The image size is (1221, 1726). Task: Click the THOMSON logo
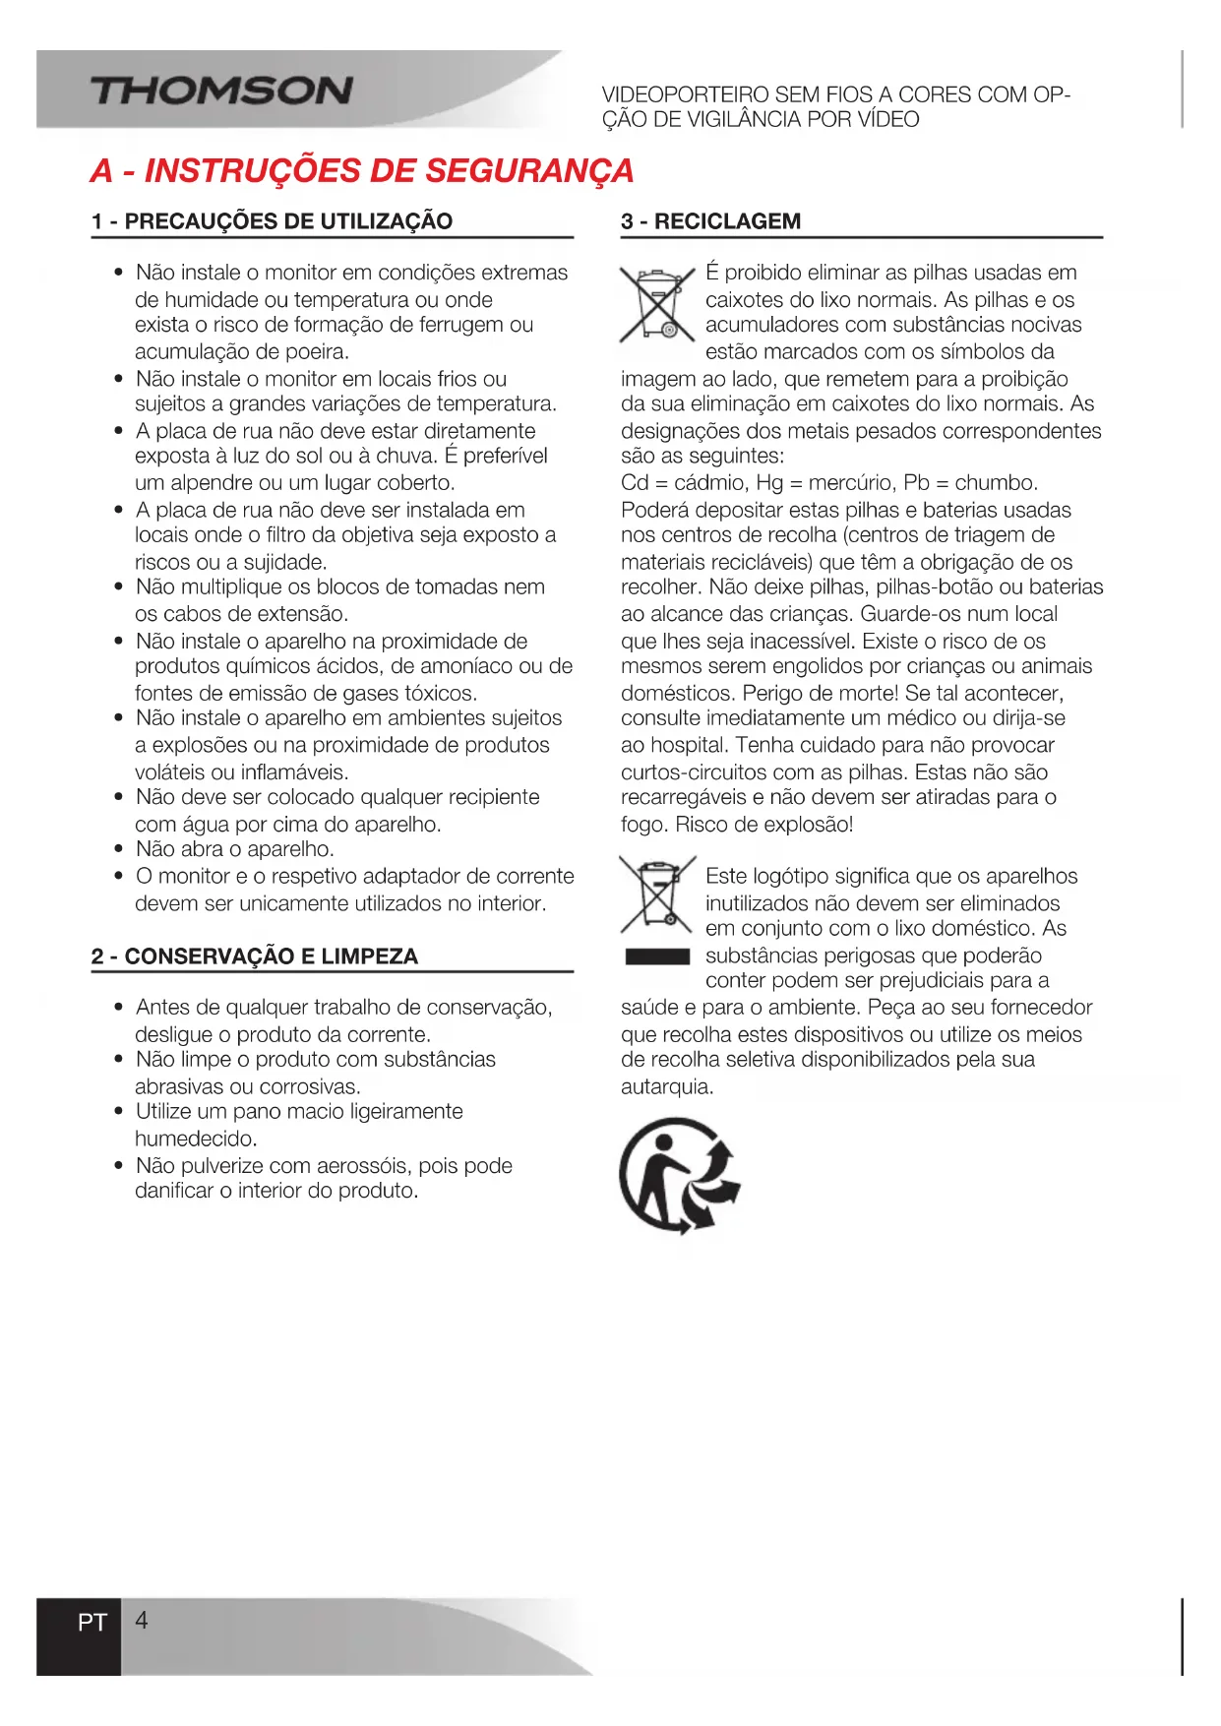(221, 92)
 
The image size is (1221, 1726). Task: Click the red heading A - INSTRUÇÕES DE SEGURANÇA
(362, 170)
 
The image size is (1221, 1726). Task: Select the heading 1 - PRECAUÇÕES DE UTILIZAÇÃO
(273, 221)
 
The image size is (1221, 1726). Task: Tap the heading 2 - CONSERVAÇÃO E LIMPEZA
(255, 956)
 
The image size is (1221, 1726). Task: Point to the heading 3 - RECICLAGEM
(711, 221)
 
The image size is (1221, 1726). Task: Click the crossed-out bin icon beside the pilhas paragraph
(656, 304)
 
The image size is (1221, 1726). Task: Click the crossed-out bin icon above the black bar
(656, 894)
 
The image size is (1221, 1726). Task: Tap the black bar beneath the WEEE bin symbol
(657, 956)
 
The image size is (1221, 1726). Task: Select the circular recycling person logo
(678, 1175)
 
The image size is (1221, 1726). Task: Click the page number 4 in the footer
(142, 1621)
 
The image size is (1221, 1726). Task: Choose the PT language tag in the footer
(92, 1623)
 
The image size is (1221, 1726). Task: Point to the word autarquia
(666, 1087)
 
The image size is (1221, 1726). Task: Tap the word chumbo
(996, 483)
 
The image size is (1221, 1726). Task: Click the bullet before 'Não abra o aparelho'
(119, 849)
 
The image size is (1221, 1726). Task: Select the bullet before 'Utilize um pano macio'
(119, 1112)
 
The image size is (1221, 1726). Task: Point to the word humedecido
(196, 1139)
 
